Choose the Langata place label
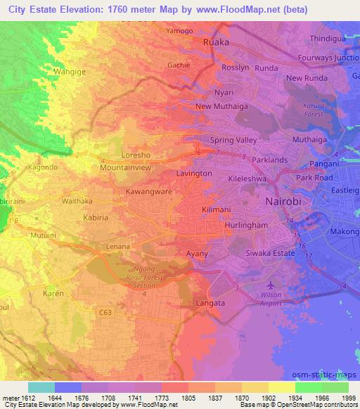point(211,303)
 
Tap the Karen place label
point(53,292)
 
